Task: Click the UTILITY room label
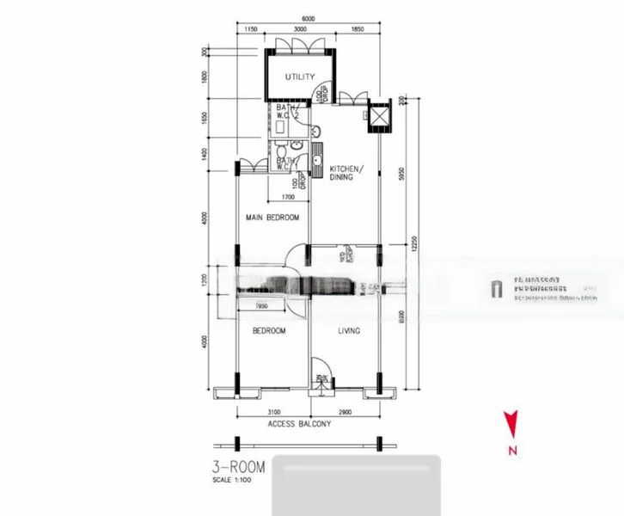coord(301,77)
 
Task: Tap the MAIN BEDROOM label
coord(272,218)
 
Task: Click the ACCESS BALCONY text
coord(299,424)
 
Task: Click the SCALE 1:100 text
coord(229,482)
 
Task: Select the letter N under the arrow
coord(511,450)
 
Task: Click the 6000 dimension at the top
coord(309,19)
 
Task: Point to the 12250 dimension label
coord(413,245)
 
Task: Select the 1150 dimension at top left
coord(251,31)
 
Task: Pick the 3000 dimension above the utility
coord(301,31)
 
